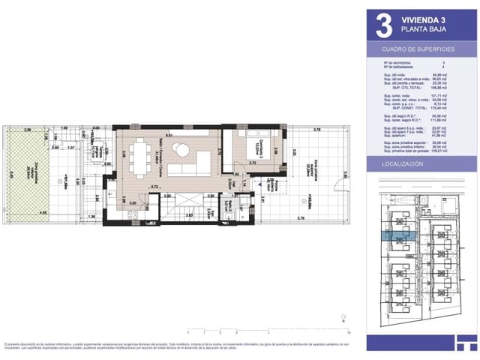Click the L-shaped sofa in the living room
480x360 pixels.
pyautogui.click(x=191, y=165)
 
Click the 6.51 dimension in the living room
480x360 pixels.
pyautogui.click(x=169, y=136)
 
